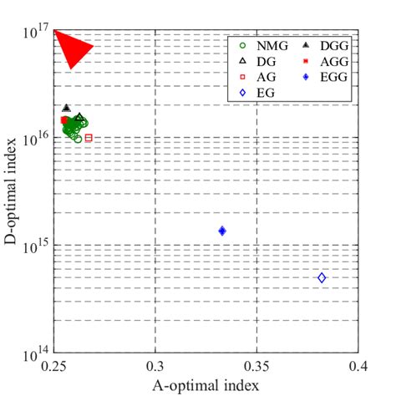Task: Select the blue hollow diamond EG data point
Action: point(322,277)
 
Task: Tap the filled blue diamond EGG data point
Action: point(222,231)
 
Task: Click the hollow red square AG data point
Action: point(89,138)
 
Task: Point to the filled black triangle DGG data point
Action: point(66,108)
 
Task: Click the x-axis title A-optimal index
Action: point(206,385)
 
